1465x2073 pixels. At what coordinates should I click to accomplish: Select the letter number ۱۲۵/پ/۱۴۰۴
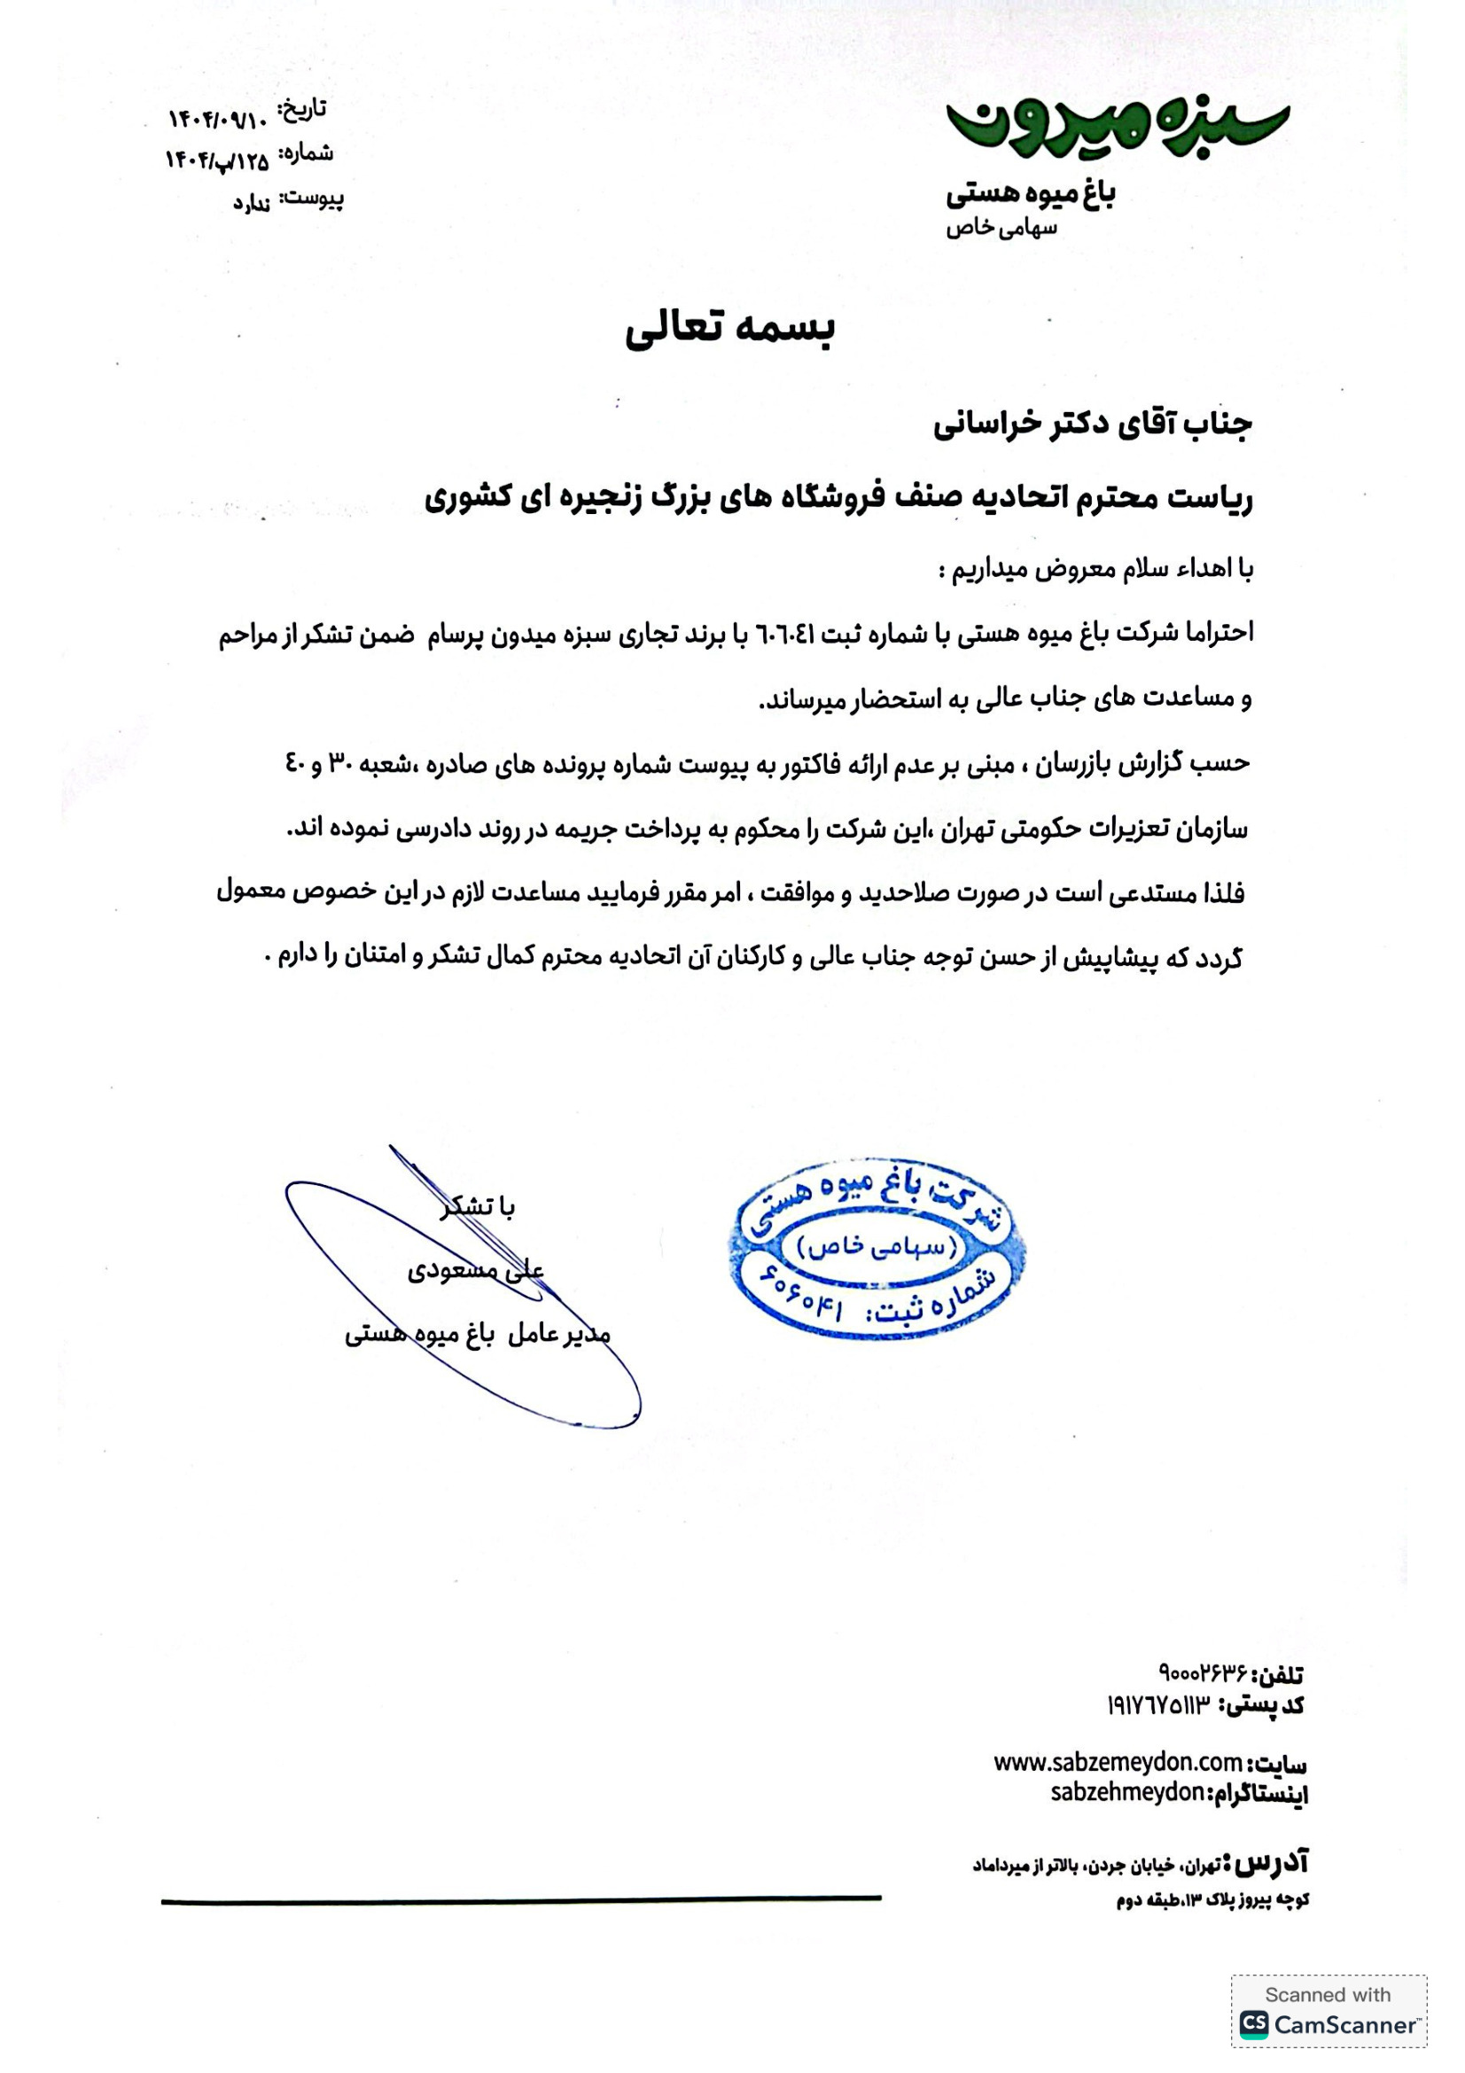click(x=216, y=160)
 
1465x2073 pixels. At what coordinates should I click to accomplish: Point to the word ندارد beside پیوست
click(x=252, y=203)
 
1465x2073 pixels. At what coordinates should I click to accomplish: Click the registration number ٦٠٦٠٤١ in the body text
click(x=788, y=635)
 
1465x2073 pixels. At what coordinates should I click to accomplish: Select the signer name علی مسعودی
click(x=476, y=1271)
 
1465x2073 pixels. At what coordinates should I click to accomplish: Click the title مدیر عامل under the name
click(x=557, y=1335)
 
